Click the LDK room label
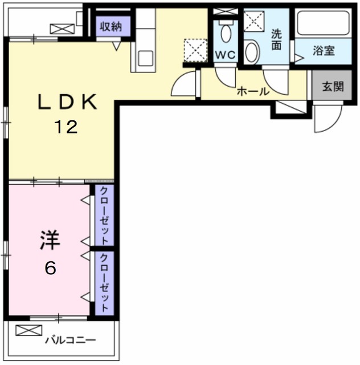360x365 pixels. [x=66, y=102]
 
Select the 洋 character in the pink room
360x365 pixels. [x=50, y=241]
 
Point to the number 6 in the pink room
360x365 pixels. [x=50, y=267]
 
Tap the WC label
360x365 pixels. [x=225, y=55]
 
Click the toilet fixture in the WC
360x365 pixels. [x=226, y=33]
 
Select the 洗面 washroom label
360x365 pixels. [x=276, y=39]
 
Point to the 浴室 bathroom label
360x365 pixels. [x=323, y=50]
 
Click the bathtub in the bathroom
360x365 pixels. [x=323, y=23]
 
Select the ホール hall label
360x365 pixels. [x=252, y=91]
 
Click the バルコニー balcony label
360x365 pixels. [x=71, y=340]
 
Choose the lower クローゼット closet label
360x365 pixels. [x=105, y=283]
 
